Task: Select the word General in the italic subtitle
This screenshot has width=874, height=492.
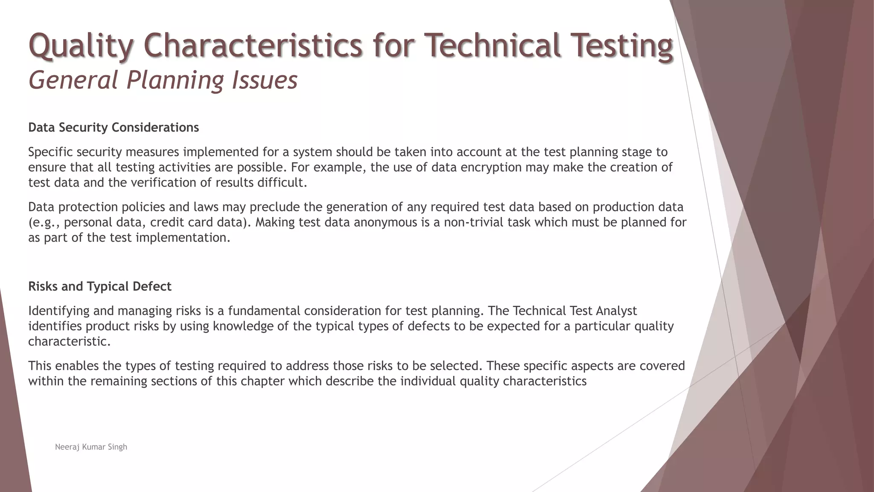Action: tap(73, 80)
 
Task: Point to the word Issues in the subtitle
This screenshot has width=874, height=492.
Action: tap(265, 80)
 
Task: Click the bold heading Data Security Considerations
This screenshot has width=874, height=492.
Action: tap(114, 128)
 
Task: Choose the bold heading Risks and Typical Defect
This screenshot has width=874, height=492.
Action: tap(100, 287)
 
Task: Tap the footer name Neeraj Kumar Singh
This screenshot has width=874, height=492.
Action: tap(91, 447)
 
